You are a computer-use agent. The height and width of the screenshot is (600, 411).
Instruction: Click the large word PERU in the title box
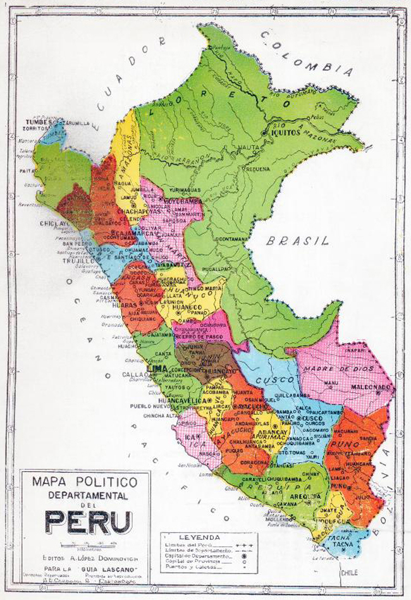tap(88, 522)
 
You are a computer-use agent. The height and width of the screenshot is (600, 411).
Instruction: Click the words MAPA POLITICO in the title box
tap(88, 482)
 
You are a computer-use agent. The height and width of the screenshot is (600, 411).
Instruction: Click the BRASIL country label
tap(297, 241)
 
